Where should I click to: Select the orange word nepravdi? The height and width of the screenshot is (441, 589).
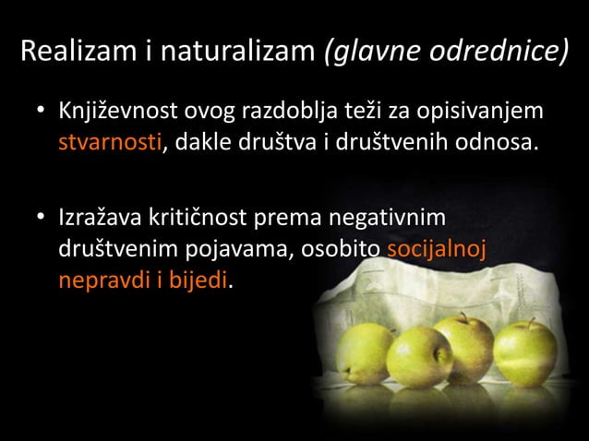click(x=98, y=279)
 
